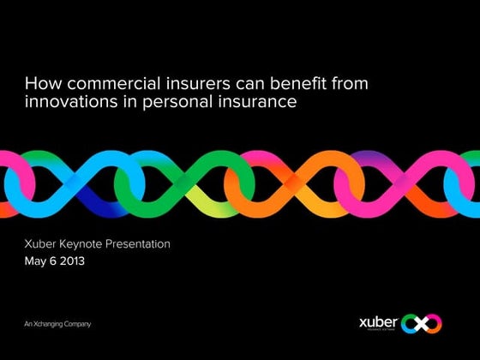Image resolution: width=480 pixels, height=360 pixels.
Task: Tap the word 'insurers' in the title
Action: pos(176,85)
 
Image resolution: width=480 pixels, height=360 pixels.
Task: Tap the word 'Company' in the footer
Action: pos(77,324)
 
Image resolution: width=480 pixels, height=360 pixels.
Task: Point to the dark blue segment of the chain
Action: pos(93,202)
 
